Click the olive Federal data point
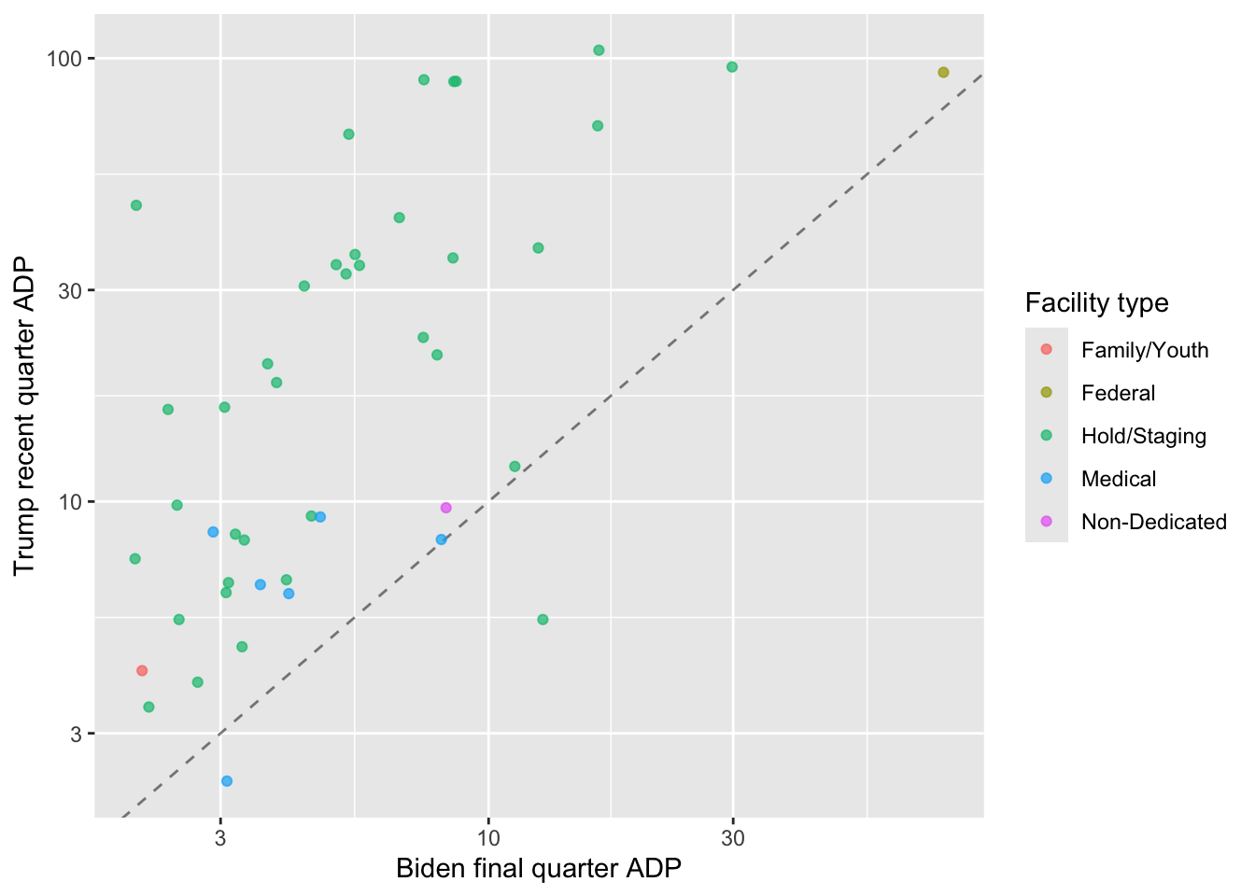[x=943, y=73]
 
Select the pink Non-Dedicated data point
[x=445, y=508]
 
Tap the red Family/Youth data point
[x=142, y=670]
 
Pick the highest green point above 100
[x=599, y=50]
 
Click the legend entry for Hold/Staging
[x=1143, y=436]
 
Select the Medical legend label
[x=1118, y=479]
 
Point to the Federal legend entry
[x=1118, y=393]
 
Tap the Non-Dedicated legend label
[x=1153, y=522]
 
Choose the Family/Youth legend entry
[x=1144, y=350]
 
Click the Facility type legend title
[x=1096, y=302]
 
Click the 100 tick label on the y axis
[x=66, y=59]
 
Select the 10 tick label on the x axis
[x=487, y=837]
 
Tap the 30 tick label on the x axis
[x=733, y=837]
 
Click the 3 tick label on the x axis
[x=220, y=837]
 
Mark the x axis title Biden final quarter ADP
[x=539, y=869]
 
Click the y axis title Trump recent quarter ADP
[x=25, y=415]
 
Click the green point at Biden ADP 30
[x=732, y=67]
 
